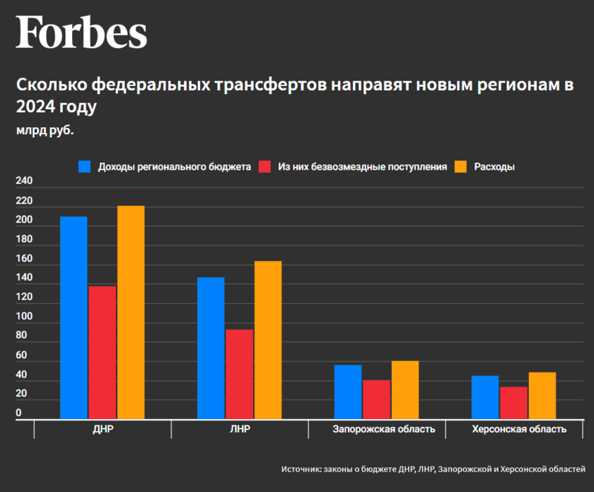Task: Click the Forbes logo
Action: point(81,33)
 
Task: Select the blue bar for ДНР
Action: point(74,317)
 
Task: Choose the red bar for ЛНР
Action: point(239,374)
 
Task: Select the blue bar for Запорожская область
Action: point(348,392)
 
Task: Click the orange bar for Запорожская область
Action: point(405,389)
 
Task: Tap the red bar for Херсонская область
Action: point(513,403)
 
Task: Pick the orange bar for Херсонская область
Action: point(542,395)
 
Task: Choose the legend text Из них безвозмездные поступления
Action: point(362,167)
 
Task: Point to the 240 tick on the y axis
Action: point(24,181)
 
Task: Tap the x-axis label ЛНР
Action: point(239,429)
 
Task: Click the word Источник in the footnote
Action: point(301,469)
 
